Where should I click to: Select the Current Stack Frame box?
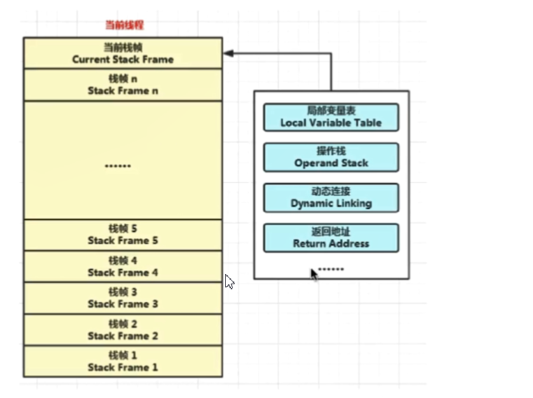point(123,53)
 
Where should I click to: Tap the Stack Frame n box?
point(123,85)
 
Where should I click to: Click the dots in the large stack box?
point(118,166)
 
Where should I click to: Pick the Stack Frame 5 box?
point(123,235)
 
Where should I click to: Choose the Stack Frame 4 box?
point(123,266)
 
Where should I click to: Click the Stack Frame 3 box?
point(123,298)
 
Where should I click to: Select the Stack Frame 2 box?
point(123,329)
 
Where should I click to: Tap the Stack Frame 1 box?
point(123,361)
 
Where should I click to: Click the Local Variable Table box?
point(331,117)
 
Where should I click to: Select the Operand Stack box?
point(331,157)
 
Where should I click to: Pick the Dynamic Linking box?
point(331,198)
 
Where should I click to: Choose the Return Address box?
point(331,238)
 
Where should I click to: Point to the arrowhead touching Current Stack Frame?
point(227,54)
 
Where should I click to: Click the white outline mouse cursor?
point(230,281)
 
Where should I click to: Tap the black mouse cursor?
point(314,274)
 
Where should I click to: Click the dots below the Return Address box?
point(331,269)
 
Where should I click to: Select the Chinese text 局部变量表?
point(331,111)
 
